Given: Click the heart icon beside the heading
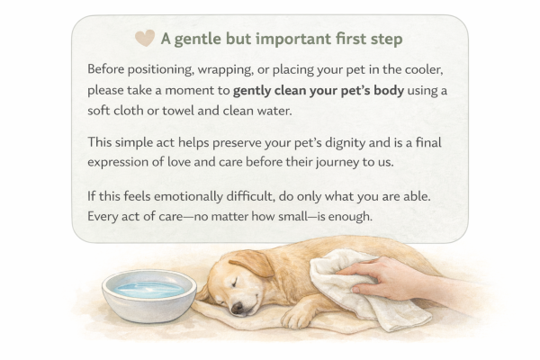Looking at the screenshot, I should coord(144,38).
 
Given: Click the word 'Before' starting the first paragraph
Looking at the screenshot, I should coord(108,69).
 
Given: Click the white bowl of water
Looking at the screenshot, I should coord(148,294).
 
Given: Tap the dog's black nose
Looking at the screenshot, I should coord(236,309).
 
